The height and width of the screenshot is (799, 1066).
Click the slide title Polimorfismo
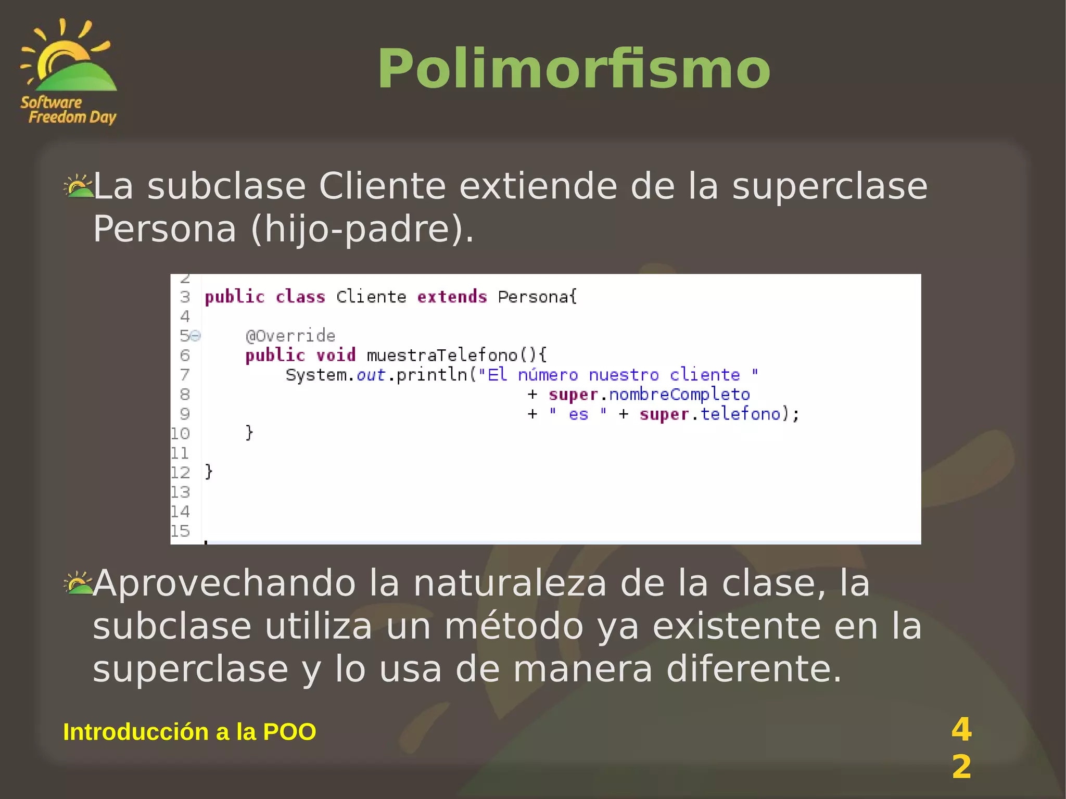[574, 69]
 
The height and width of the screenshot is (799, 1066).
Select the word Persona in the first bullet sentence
[164, 229]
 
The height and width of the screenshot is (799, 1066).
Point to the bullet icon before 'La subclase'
[78, 186]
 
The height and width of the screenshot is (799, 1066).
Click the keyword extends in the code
[452, 297]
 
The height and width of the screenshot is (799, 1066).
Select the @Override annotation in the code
[290, 336]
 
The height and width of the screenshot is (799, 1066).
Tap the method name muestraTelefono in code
[442, 356]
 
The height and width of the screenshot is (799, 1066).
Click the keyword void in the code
[336, 356]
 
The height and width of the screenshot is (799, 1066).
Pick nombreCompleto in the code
[679, 395]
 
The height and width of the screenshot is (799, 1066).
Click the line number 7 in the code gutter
[185, 375]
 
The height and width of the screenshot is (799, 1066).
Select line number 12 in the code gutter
[180, 473]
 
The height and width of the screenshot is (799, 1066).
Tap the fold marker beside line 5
[195, 336]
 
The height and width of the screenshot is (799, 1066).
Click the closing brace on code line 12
[209, 472]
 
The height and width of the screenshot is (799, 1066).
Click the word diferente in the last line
[754, 669]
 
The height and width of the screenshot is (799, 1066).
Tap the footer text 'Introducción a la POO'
[189, 732]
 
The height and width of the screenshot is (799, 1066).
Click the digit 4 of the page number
[961, 729]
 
